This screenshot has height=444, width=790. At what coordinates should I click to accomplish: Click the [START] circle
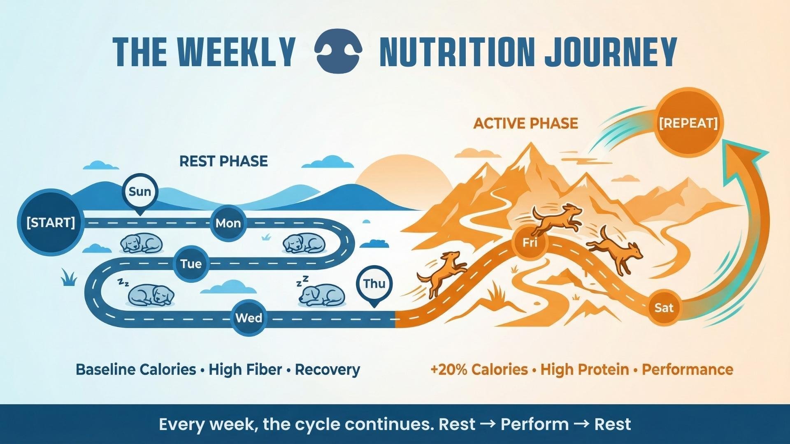tap(51, 222)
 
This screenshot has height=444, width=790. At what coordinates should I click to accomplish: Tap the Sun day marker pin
tap(140, 192)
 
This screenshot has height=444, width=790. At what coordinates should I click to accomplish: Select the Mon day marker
tap(228, 223)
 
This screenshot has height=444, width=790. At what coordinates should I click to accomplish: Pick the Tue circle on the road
tap(191, 264)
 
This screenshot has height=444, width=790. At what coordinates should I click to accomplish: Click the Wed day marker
tap(249, 318)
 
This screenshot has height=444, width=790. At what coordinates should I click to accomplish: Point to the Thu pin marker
tap(374, 284)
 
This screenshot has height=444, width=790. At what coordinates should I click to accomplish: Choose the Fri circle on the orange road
tap(530, 243)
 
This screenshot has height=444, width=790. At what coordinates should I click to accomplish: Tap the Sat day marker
tap(664, 308)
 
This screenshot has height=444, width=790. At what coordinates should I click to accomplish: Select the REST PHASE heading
tap(223, 161)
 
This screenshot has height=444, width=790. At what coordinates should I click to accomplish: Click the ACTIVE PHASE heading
tap(525, 123)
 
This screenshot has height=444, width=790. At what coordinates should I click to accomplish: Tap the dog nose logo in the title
tap(338, 51)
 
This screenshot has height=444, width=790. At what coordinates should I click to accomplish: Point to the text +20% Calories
tap(479, 369)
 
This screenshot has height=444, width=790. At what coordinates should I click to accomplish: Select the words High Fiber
tap(245, 369)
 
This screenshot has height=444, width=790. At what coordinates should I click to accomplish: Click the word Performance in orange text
tap(687, 369)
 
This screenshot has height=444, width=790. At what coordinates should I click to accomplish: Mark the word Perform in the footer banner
tap(534, 424)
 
